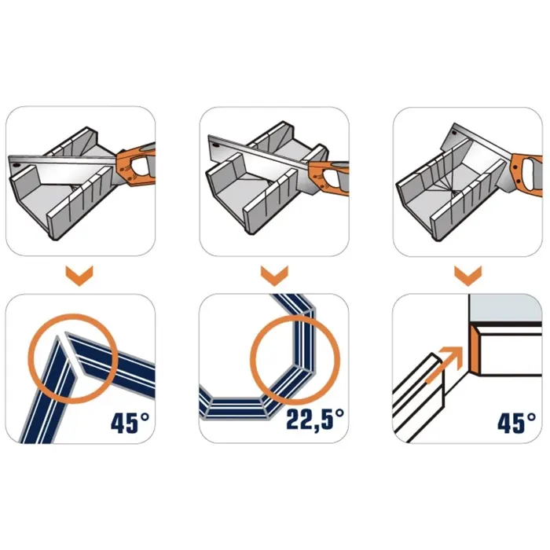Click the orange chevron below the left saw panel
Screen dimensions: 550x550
coord(79,276)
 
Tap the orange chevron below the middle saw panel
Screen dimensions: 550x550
coord(274,276)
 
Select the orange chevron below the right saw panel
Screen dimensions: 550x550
coord(468,276)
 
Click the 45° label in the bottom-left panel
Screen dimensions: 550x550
coord(130,423)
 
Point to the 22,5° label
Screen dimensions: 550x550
coord(315,420)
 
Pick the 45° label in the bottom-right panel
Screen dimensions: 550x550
coord(516,423)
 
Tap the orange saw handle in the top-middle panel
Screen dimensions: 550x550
coord(330,178)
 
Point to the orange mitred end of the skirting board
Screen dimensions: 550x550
coord(475,350)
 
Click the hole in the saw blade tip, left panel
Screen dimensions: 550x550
coord(15,165)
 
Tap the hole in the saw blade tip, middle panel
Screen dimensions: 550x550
coord(215,143)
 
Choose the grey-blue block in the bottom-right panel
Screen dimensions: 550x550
coord(506,308)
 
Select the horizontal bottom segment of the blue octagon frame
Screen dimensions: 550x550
coord(236,408)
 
